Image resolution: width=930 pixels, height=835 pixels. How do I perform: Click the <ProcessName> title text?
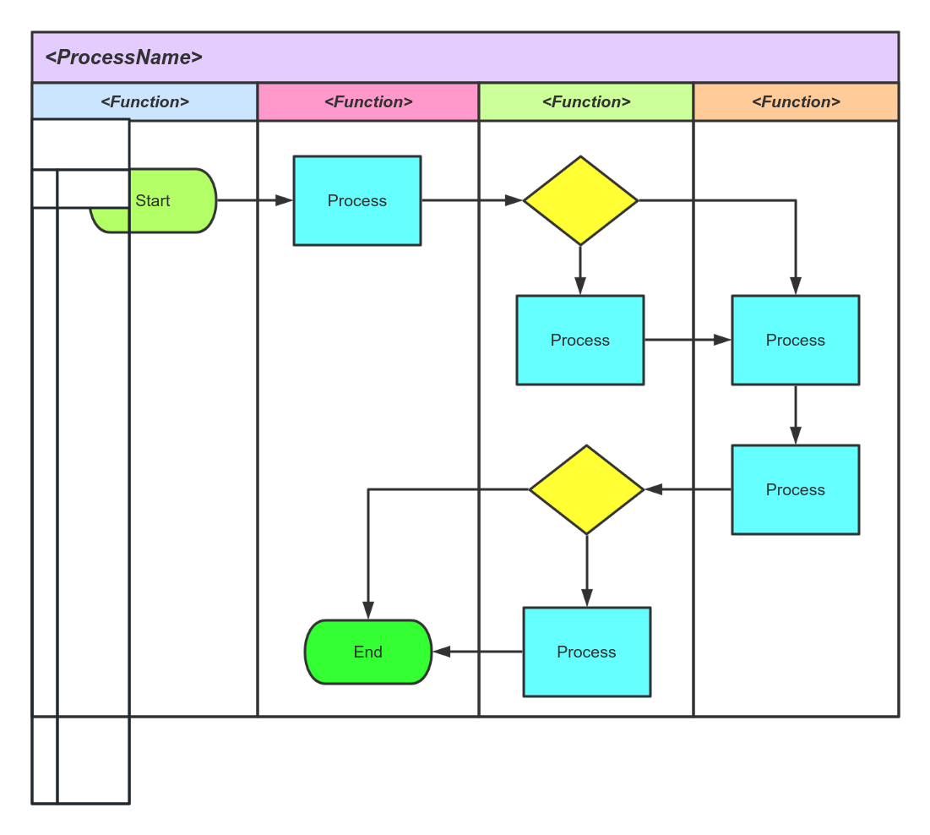tap(123, 57)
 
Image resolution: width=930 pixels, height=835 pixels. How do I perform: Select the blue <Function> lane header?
tap(144, 101)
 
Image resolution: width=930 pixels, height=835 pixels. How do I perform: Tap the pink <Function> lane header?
tap(368, 101)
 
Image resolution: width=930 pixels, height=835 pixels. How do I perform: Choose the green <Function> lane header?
tap(586, 101)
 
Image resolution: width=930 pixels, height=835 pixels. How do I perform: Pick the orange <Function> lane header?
tap(796, 101)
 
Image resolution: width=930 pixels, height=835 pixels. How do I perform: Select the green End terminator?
tap(368, 652)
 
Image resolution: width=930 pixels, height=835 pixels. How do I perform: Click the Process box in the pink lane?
tap(357, 200)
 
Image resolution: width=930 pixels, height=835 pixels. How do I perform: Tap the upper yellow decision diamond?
tap(580, 200)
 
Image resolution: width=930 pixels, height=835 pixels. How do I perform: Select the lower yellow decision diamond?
tap(587, 489)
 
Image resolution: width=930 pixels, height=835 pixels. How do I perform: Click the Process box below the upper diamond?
tap(580, 340)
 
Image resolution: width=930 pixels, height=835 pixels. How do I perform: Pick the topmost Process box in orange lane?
tap(796, 340)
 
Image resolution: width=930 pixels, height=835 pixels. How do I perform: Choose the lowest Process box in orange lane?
tap(796, 489)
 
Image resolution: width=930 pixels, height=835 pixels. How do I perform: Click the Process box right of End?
tap(587, 652)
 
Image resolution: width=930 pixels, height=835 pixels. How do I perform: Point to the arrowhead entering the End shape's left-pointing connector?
tap(442, 652)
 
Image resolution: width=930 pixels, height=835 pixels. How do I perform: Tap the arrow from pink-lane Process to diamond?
tap(472, 200)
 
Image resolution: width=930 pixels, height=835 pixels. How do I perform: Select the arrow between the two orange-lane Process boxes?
tap(796, 415)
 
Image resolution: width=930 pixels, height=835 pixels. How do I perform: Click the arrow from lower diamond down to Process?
tap(587, 570)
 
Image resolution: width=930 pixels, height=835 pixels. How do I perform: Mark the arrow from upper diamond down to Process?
tap(580, 270)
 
